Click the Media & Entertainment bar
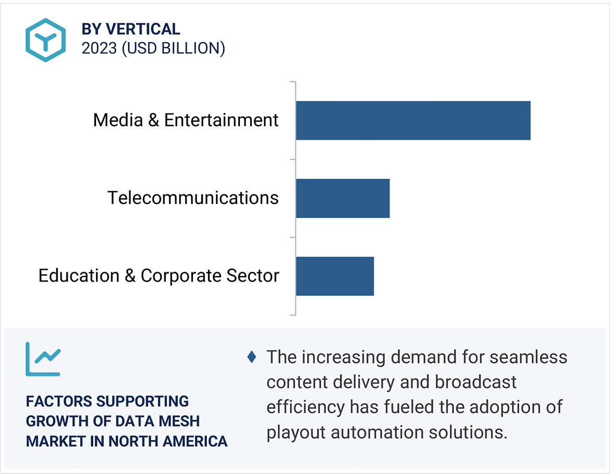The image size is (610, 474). [x=413, y=120]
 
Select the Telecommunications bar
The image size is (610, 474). [x=343, y=198]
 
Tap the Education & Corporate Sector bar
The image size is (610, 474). [x=335, y=276]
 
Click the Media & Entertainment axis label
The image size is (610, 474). [x=186, y=120]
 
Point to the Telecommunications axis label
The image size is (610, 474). [x=193, y=198]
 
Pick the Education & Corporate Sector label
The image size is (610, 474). [x=158, y=276]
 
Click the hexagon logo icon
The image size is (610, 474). [x=46, y=40]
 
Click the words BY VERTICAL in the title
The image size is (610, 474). [x=131, y=29]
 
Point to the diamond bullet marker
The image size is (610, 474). [x=252, y=357]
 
